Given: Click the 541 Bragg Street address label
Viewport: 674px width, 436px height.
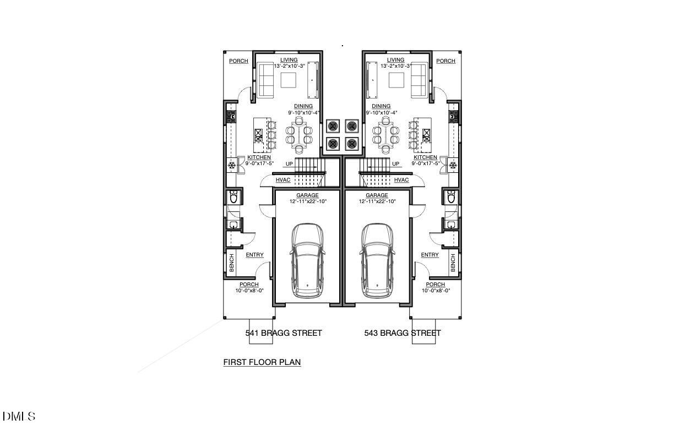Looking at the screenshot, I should [x=283, y=333].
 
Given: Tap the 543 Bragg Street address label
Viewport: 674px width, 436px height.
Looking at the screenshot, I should [x=403, y=333].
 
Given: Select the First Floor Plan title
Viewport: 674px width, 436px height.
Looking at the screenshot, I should [x=262, y=362].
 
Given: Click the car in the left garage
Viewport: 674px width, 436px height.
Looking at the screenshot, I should [x=307, y=260].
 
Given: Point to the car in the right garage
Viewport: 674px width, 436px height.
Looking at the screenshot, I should [x=378, y=260].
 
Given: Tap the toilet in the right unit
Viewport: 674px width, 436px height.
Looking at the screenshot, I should [x=452, y=197].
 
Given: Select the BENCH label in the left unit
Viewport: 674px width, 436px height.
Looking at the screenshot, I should [x=231, y=263].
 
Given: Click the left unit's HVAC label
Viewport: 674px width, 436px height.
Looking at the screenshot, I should [x=283, y=180].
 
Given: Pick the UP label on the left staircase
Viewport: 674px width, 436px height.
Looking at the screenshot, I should [x=289, y=164].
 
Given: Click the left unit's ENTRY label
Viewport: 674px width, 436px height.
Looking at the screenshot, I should [x=254, y=255].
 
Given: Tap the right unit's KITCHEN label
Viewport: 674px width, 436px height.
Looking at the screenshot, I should [x=425, y=157].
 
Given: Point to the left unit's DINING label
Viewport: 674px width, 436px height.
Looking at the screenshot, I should [x=303, y=106].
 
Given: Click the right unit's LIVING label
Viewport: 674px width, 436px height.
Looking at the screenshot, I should [x=395, y=60].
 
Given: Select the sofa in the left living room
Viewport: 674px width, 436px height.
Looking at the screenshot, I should [x=267, y=80].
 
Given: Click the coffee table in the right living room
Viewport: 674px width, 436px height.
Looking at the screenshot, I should [x=396, y=80].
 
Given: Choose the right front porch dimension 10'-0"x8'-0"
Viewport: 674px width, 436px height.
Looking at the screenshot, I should [x=435, y=290].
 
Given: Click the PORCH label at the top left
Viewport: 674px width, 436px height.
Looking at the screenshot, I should [x=238, y=61].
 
